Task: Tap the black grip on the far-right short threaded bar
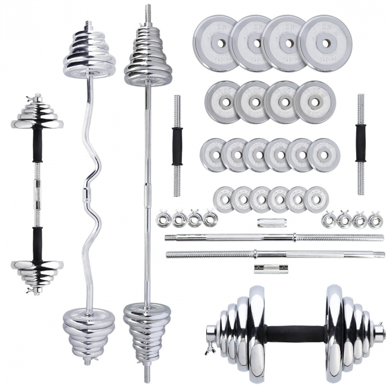(361, 143)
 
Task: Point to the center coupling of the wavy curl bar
(86, 195)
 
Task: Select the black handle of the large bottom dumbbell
(295, 334)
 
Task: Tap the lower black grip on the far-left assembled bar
(37, 245)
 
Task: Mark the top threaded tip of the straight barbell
(148, 11)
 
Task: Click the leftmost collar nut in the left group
(163, 218)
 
